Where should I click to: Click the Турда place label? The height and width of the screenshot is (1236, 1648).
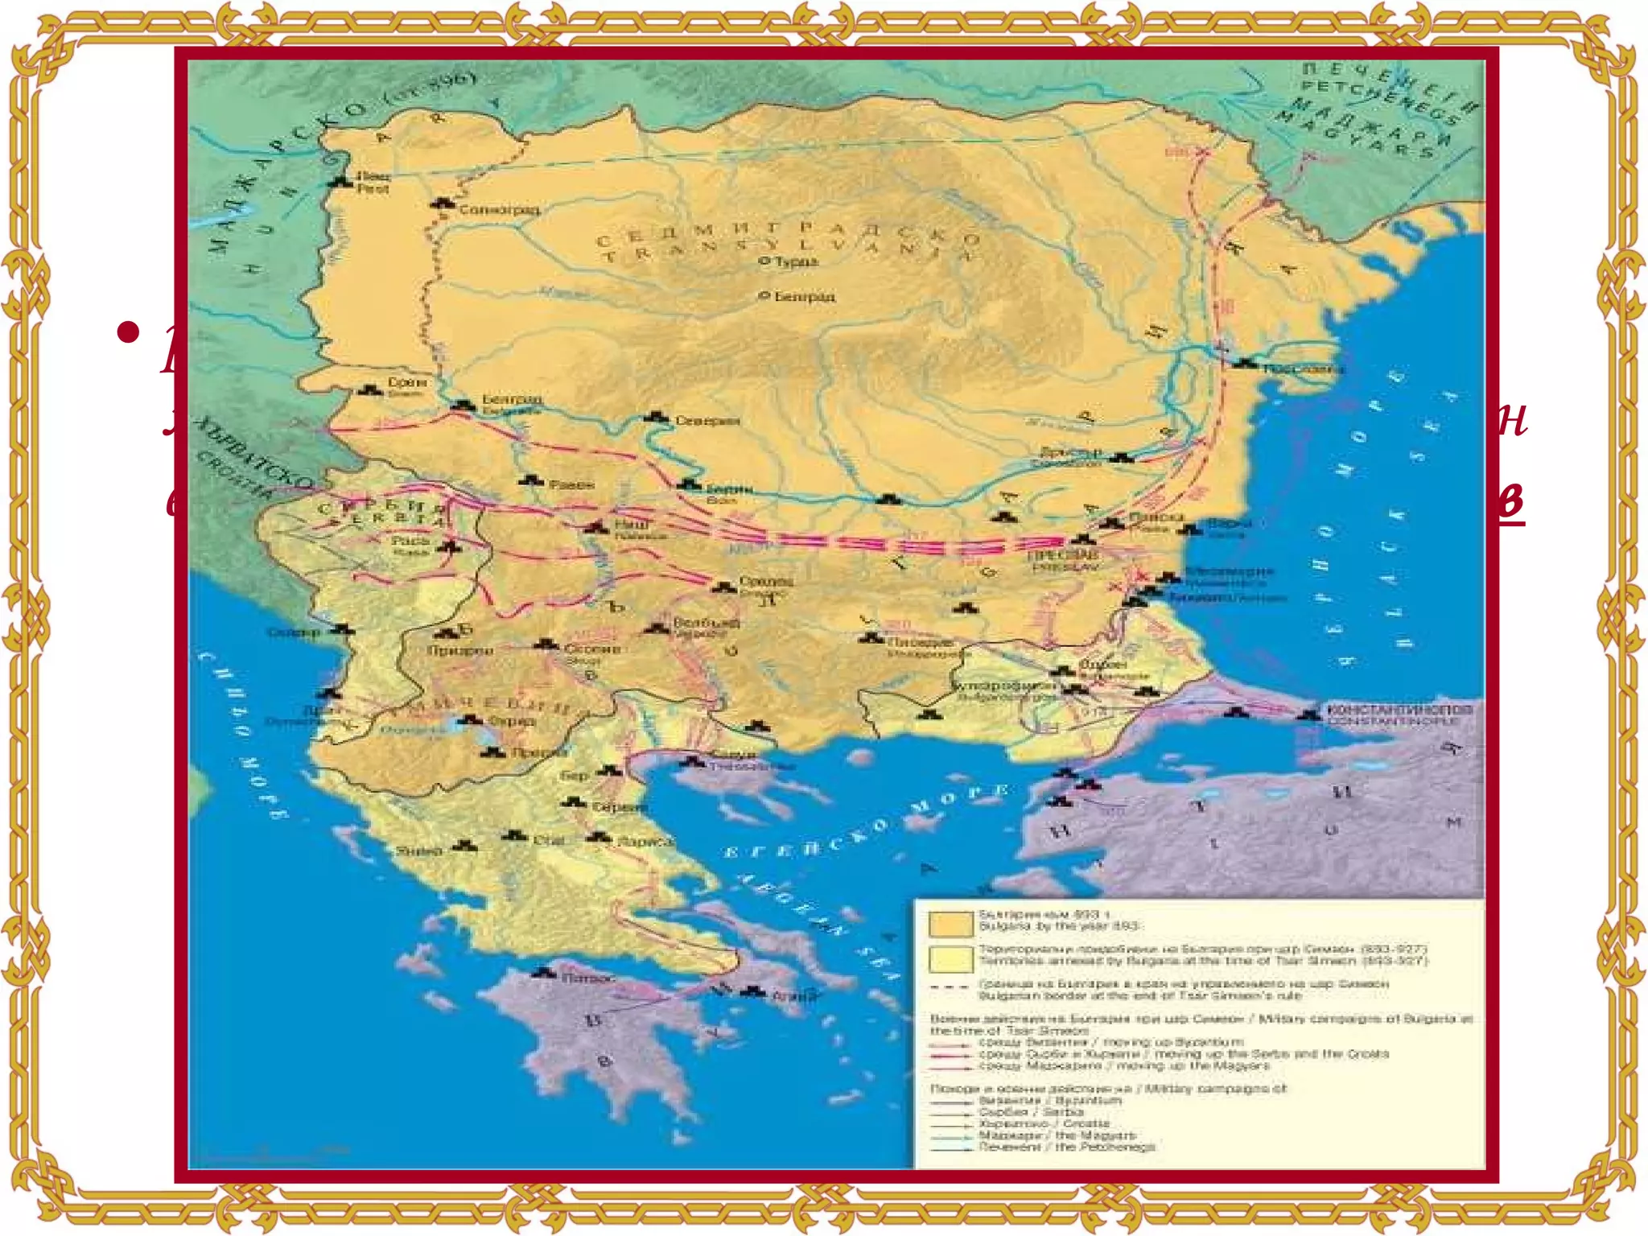click(796, 262)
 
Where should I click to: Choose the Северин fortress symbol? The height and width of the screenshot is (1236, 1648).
click(657, 418)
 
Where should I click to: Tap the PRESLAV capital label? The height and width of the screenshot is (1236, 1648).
click(1063, 566)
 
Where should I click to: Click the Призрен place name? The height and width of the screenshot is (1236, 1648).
click(461, 649)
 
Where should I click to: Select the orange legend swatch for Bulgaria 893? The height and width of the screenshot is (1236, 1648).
click(950, 923)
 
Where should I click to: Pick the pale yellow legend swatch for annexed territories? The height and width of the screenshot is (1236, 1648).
click(950, 960)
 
